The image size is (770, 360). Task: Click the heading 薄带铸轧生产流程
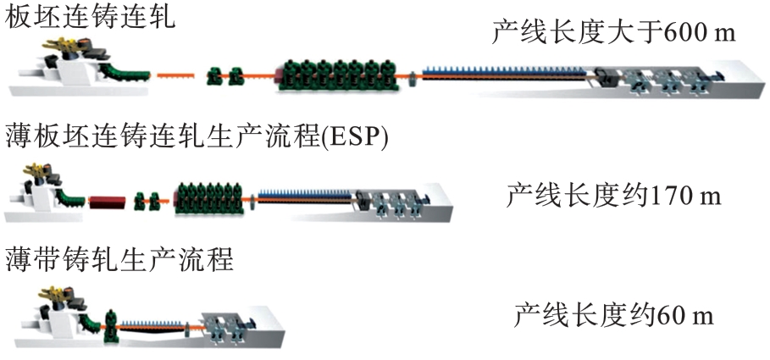[119, 258]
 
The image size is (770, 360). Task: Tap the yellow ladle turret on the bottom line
[51, 296]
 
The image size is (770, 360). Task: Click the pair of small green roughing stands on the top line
[224, 77]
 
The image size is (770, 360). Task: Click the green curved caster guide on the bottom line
[89, 323]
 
